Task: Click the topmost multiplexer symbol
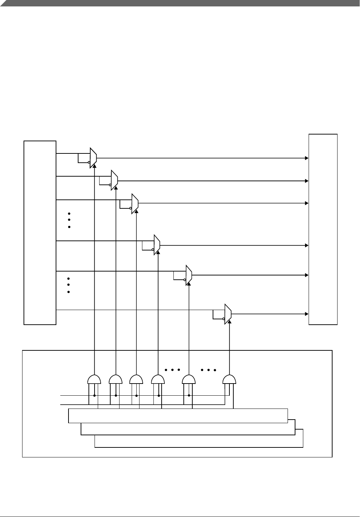click(93, 157)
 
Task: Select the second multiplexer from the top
click(114, 181)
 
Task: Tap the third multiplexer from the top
click(135, 204)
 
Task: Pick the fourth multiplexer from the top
click(157, 245)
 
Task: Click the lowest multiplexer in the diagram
click(228, 314)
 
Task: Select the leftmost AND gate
click(94, 379)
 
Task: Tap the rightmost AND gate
click(229, 379)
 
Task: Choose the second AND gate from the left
click(116, 379)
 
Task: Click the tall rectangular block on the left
click(40, 233)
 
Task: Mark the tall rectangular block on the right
click(323, 229)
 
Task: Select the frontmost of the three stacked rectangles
click(178, 416)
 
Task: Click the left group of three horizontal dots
click(172, 370)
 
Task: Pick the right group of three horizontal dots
click(208, 370)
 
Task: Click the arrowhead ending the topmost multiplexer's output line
click(306, 158)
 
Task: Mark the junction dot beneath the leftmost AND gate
click(94, 395)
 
